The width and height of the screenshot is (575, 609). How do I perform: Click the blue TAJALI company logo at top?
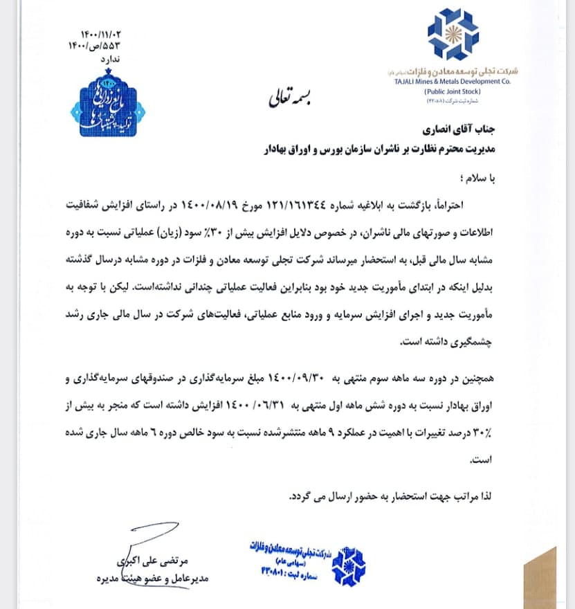(x=453, y=35)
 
